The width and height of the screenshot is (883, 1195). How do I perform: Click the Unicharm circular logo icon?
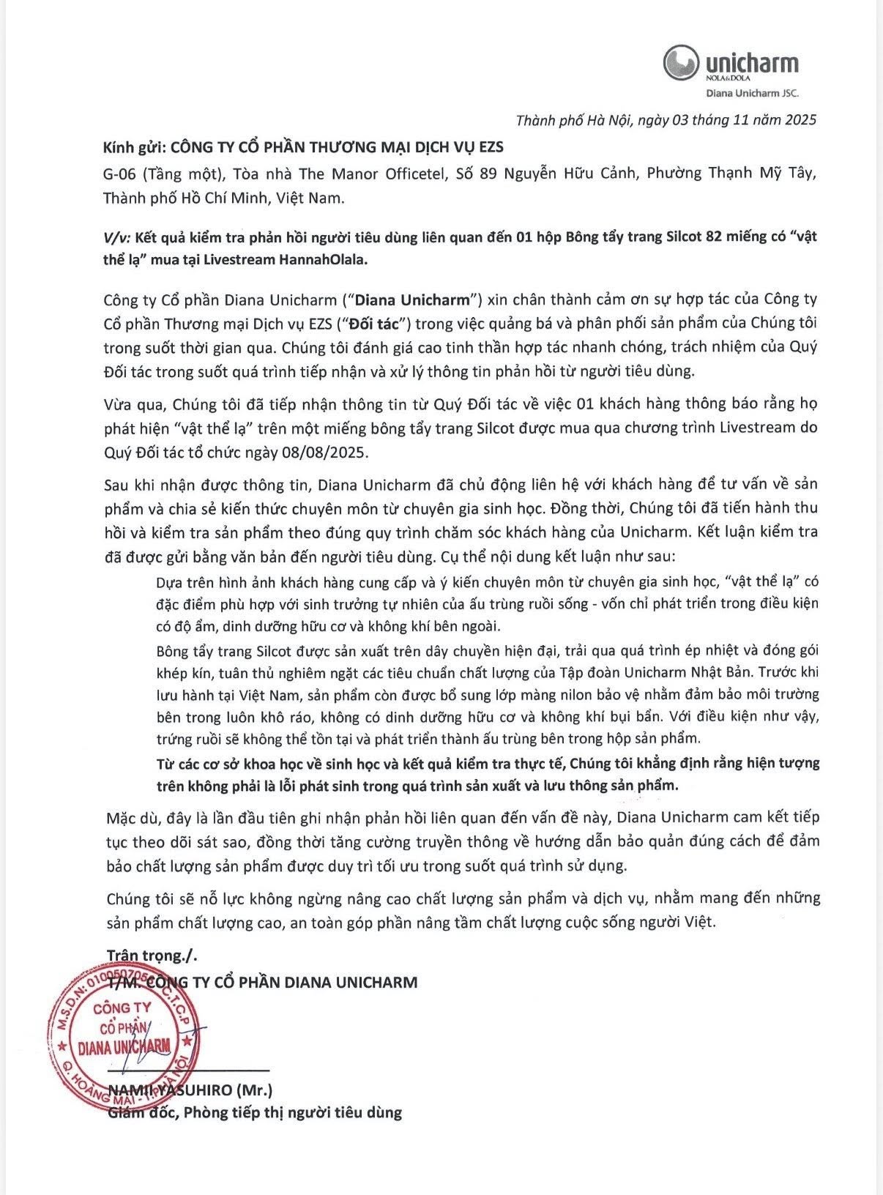[x=681, y=62]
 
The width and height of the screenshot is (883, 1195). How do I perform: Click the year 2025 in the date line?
[x=797, y=119]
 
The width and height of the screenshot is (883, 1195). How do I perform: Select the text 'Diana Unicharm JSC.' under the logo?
[x=752, y=93]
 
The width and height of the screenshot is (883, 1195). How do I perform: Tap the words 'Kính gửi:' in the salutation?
[x=133, y=146]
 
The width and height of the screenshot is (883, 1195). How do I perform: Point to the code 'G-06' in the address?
[x=119, y=174]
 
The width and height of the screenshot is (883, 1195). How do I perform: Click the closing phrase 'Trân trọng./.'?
[x=152, y=955]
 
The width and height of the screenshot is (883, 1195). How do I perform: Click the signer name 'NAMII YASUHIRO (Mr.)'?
[x=190, y=1090]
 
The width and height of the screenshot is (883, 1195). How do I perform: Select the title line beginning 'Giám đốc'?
[x=255, y=1113]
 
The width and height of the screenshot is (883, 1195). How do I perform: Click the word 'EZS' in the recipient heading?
[x=488, y=146]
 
